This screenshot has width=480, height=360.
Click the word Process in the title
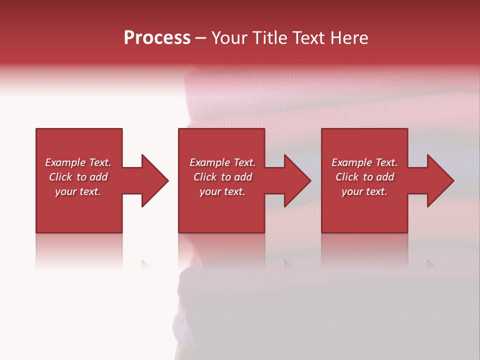(x=157, y=38)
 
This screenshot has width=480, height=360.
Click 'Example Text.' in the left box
(x=78, y=162)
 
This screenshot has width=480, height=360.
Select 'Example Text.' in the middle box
(x=222, y=162)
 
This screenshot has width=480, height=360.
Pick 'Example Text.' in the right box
(x=364, y=162)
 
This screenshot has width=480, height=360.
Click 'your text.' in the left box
(x=78, y=191)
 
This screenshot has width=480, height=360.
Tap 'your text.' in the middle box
(x=222, y=191)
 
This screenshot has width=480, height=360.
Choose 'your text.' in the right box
(x=364, y=191)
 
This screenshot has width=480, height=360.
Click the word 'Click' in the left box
(x=61, y=177)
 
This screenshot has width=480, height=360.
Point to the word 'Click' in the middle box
(x=205, y=177)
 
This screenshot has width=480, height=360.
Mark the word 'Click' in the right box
(x=347, y=177)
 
